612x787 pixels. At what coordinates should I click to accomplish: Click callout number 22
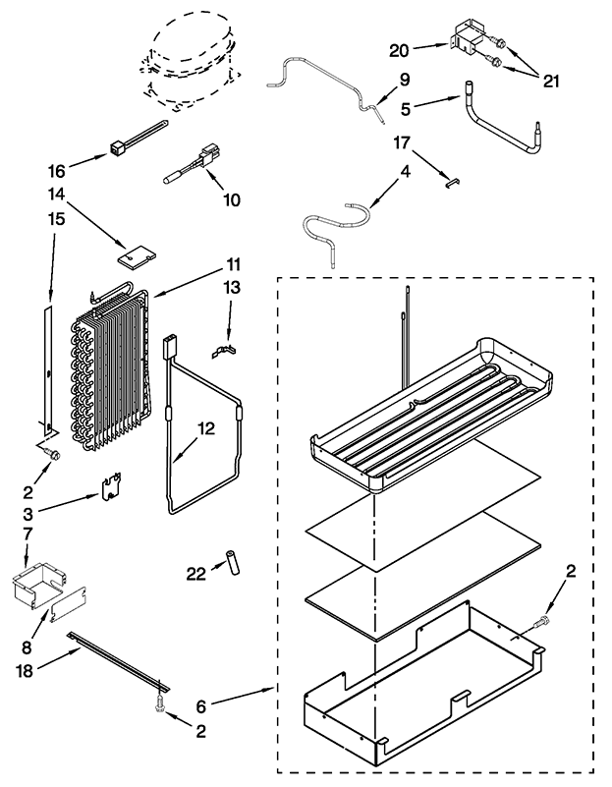coord(197,573)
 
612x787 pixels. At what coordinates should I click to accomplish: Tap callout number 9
coord(378,80)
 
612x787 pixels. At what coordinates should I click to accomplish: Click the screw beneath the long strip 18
coord(157,702)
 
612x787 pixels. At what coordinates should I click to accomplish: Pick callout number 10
coord(232,199)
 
